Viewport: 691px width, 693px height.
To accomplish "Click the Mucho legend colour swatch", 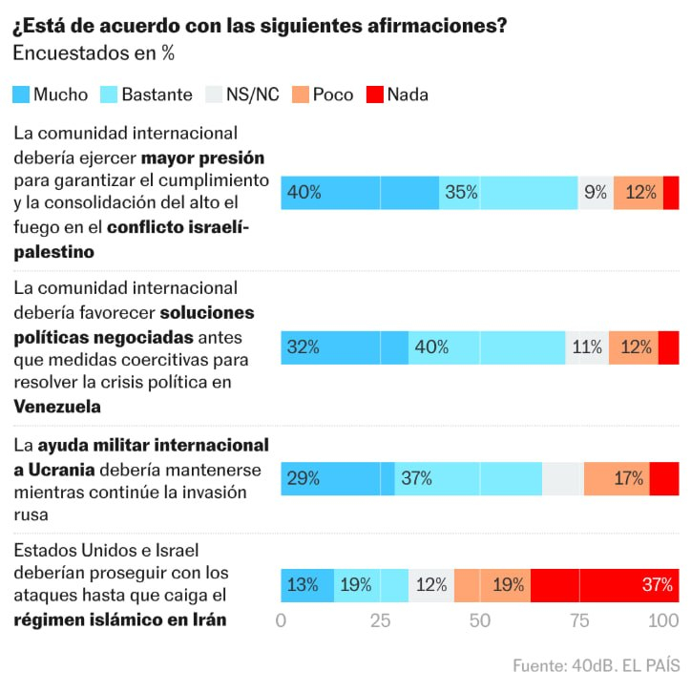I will point(21,94).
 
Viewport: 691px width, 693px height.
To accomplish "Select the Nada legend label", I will point(408,94).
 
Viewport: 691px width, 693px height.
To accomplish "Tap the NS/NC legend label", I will point(253,94).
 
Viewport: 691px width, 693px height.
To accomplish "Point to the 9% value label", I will point(596,192).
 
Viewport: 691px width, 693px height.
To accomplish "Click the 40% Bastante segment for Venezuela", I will point(487,347).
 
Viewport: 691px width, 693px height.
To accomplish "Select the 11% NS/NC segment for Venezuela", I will point(587,347).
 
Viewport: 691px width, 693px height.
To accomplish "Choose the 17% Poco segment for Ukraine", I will point(617,478).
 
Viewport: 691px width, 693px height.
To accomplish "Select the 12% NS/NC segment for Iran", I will point(431,584).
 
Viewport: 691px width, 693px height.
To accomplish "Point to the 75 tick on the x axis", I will point(579,621).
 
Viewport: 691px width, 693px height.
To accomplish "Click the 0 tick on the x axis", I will point(281,621).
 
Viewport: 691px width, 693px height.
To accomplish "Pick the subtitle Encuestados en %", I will point(93,53).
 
